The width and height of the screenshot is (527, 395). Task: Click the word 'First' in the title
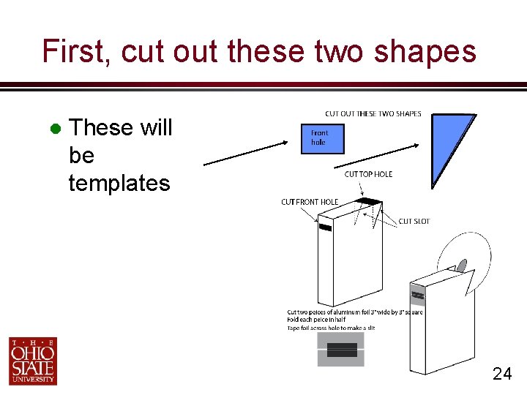click(74, 52)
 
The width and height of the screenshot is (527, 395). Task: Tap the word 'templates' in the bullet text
click(119, 183)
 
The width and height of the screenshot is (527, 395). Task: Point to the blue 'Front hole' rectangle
click(322, 138)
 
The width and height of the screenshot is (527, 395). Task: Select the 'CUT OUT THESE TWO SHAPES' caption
click(373, 113)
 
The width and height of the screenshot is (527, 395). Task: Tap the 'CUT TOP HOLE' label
click(368, 174)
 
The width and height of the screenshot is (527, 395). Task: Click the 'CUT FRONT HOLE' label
click(310, 202)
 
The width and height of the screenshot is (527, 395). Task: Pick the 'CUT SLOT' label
click(414, 221)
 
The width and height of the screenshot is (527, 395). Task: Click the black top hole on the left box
click(369, 201)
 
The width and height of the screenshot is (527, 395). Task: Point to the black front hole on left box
click(326, 227)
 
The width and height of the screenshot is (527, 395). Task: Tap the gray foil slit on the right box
click(418, 296)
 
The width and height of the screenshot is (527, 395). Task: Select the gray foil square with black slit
click(340, 350)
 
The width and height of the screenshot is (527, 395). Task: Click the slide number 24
click(502, 375)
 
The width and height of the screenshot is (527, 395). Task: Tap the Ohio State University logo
click(33, 361)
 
